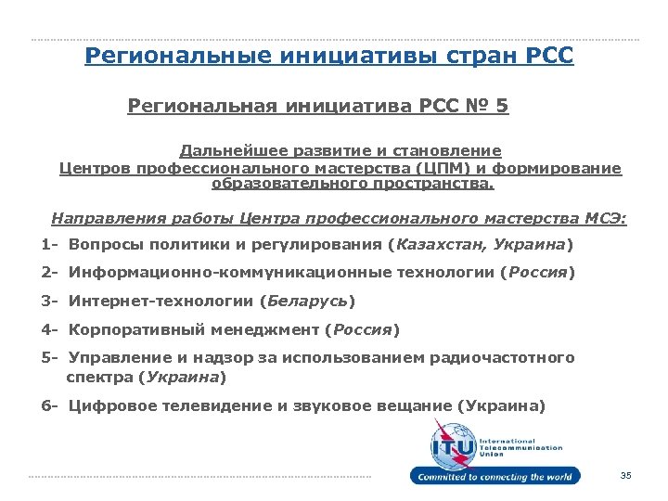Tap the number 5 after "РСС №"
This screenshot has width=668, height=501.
point(502,107)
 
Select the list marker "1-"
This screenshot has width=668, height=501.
point(50,246)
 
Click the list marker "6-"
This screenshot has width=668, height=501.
point(50,406)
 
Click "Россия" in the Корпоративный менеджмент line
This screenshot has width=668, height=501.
point(364,329)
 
